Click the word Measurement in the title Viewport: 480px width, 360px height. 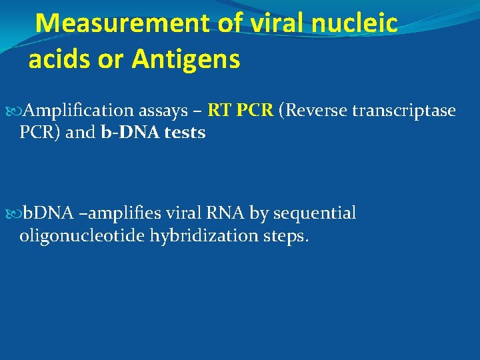(123, 23)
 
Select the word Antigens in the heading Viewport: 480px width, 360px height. (186, 59)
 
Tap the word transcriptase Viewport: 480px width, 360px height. (404, 110)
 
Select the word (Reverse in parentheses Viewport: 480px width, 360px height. (313, 110)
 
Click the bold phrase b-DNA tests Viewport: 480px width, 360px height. (153, 133)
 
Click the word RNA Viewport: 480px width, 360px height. (229, 213)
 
